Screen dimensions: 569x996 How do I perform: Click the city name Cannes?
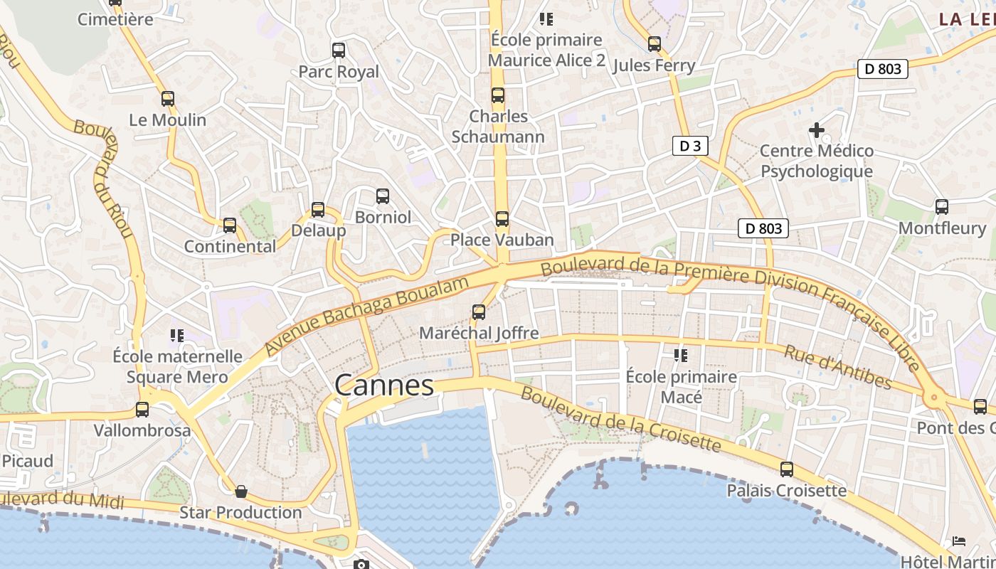click(x=383, y=385)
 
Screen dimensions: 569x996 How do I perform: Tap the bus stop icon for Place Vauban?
click(x=502, y=219)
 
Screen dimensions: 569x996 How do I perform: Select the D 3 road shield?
click(x=690, y=147)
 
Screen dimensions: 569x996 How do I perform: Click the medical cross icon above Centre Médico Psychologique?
click(x=817, y=130)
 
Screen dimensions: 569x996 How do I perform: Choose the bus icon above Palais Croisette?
click(x=786, y=469)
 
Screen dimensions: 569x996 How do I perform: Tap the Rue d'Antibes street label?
click(x=837, y=367)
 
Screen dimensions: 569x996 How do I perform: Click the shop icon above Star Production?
click(x=241, y=491)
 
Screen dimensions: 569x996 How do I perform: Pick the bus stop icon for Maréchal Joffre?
click(x=479, y=312)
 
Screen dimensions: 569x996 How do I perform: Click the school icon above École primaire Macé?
click(x=681, y=355)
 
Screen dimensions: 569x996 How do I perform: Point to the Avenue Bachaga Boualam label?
click(x=367, y=315)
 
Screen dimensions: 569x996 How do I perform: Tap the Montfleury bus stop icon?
click(x=942, y=207)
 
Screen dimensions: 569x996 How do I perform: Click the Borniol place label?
click(x=383, y=217)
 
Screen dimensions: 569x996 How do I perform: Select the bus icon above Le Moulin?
click(x=168, y=99)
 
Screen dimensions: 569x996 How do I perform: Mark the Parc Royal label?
click(x=339, y=72)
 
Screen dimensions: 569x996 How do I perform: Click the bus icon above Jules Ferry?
click(x=655, y=44)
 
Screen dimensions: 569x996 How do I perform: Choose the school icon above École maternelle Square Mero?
click(x=176, y=335)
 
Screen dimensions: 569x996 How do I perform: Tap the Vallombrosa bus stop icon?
click(x=142, y=410)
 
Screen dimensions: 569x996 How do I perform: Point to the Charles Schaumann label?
click(x=498, y=127)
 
